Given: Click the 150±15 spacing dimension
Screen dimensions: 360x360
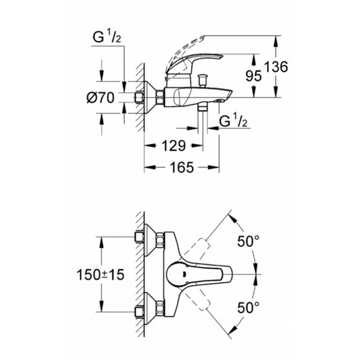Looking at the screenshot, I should (101, 275).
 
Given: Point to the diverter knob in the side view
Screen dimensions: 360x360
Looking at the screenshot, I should (205, 79).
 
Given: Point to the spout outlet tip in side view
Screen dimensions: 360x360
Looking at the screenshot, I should (224, 101).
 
